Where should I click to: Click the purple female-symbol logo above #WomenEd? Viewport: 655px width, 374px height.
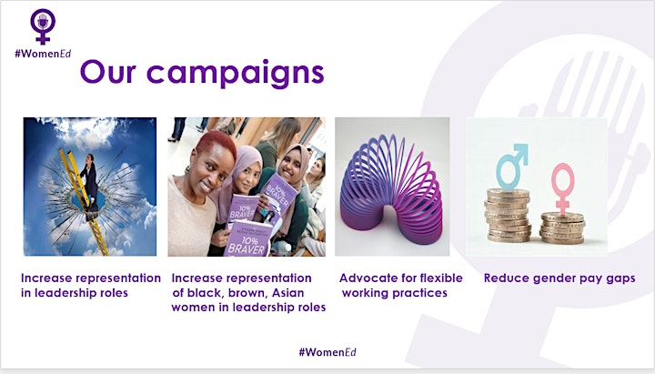coord(43,25)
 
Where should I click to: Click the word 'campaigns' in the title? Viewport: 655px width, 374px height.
coord(236,73)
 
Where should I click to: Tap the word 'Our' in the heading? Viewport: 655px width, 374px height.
coord(108,71)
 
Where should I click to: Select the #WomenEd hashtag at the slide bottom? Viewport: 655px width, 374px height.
coord(327,352)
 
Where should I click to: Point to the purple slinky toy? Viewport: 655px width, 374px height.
coord(391,189)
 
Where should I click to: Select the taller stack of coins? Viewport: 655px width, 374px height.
coord(508,215)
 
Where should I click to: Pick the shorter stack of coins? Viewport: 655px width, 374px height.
coord(562,228)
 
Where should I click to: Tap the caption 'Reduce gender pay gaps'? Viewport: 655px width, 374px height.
coord(559,278)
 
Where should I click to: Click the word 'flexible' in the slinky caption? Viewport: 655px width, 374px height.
coord(440,278)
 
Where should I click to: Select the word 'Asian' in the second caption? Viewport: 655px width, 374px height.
coord(287,292)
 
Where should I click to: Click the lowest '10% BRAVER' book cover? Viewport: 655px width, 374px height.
coord(247,238)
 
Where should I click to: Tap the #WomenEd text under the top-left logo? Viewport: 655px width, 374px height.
coord(43,54)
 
